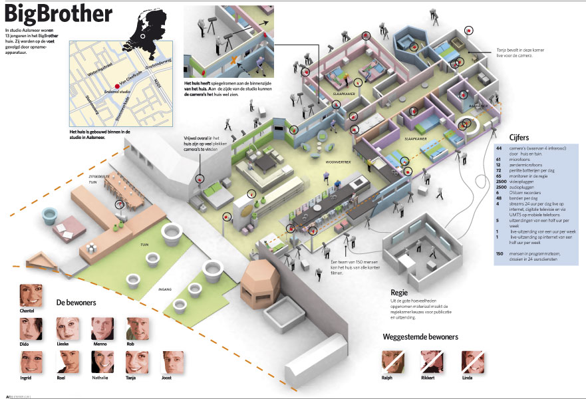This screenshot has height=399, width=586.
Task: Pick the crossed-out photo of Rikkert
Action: pyautogui.click(x=430, y=362)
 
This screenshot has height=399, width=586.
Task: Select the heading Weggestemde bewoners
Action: pyautogui.click(x=420, y=337)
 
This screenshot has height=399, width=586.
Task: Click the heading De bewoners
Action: pyautogui.click(x=76, y=303)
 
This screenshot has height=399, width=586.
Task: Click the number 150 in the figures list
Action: pyautogui.click(x=500, y=254)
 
